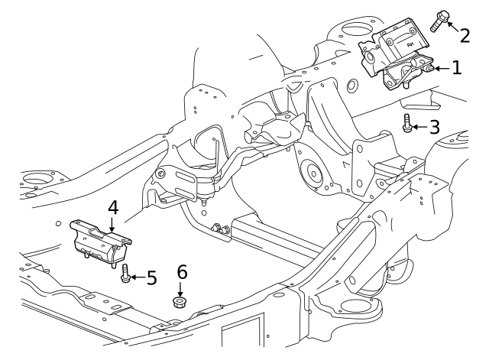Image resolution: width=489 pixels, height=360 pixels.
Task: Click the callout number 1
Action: click(x=456, y=68)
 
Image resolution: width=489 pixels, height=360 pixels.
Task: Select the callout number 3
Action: click(x=434, y=126)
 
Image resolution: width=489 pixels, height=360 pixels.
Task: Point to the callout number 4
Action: click(x=112, y=207)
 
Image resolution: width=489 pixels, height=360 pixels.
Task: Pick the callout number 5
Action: click(x=151, y=277)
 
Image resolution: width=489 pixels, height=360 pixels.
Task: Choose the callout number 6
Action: click(x=181, y=271)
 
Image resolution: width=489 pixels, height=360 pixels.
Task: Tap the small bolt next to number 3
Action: click(x=407, y=123)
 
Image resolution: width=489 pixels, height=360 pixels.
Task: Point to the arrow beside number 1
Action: click(x=440, y=69)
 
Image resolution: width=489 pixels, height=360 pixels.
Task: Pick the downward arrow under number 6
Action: click(x=181, y=288)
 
